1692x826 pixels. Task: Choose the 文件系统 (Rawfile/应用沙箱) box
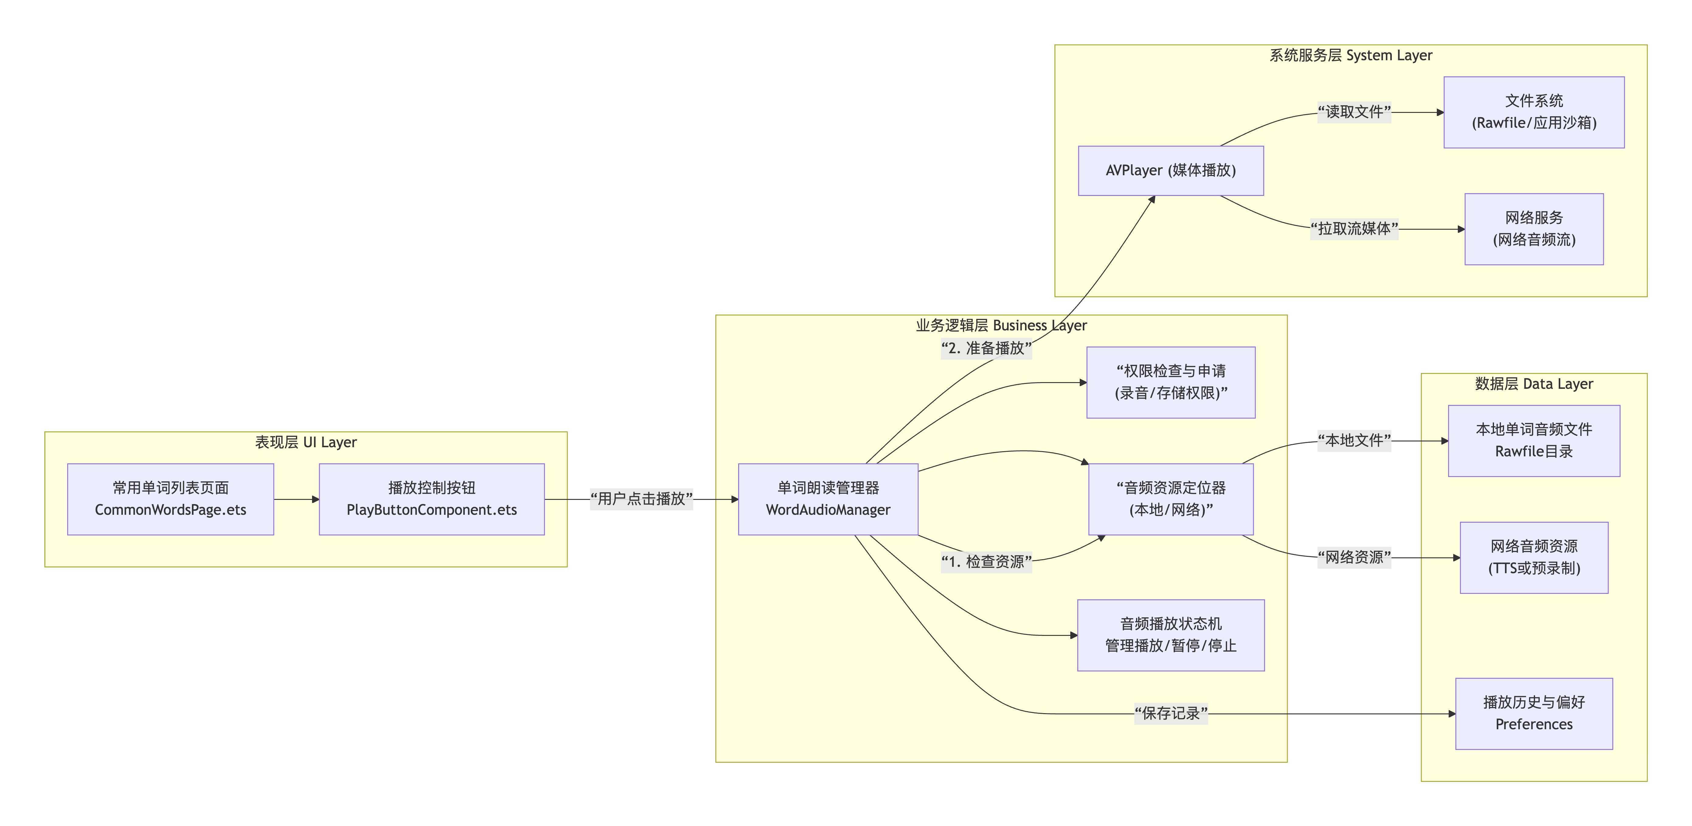pos(1534,112)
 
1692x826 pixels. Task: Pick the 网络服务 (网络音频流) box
pos(1534,229)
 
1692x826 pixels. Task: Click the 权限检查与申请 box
pos(1170,382)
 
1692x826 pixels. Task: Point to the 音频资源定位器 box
pos(1170,499)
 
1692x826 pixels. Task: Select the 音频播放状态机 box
pos(1170,635)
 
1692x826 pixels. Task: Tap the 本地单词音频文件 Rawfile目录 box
pos(1534,440)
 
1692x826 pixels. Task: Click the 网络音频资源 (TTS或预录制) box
pos(1534,557)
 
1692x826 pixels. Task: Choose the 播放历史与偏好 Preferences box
pos(1534,713)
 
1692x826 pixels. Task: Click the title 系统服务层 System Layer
pos(1350,55)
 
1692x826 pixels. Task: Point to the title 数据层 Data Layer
pos(1534,384)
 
